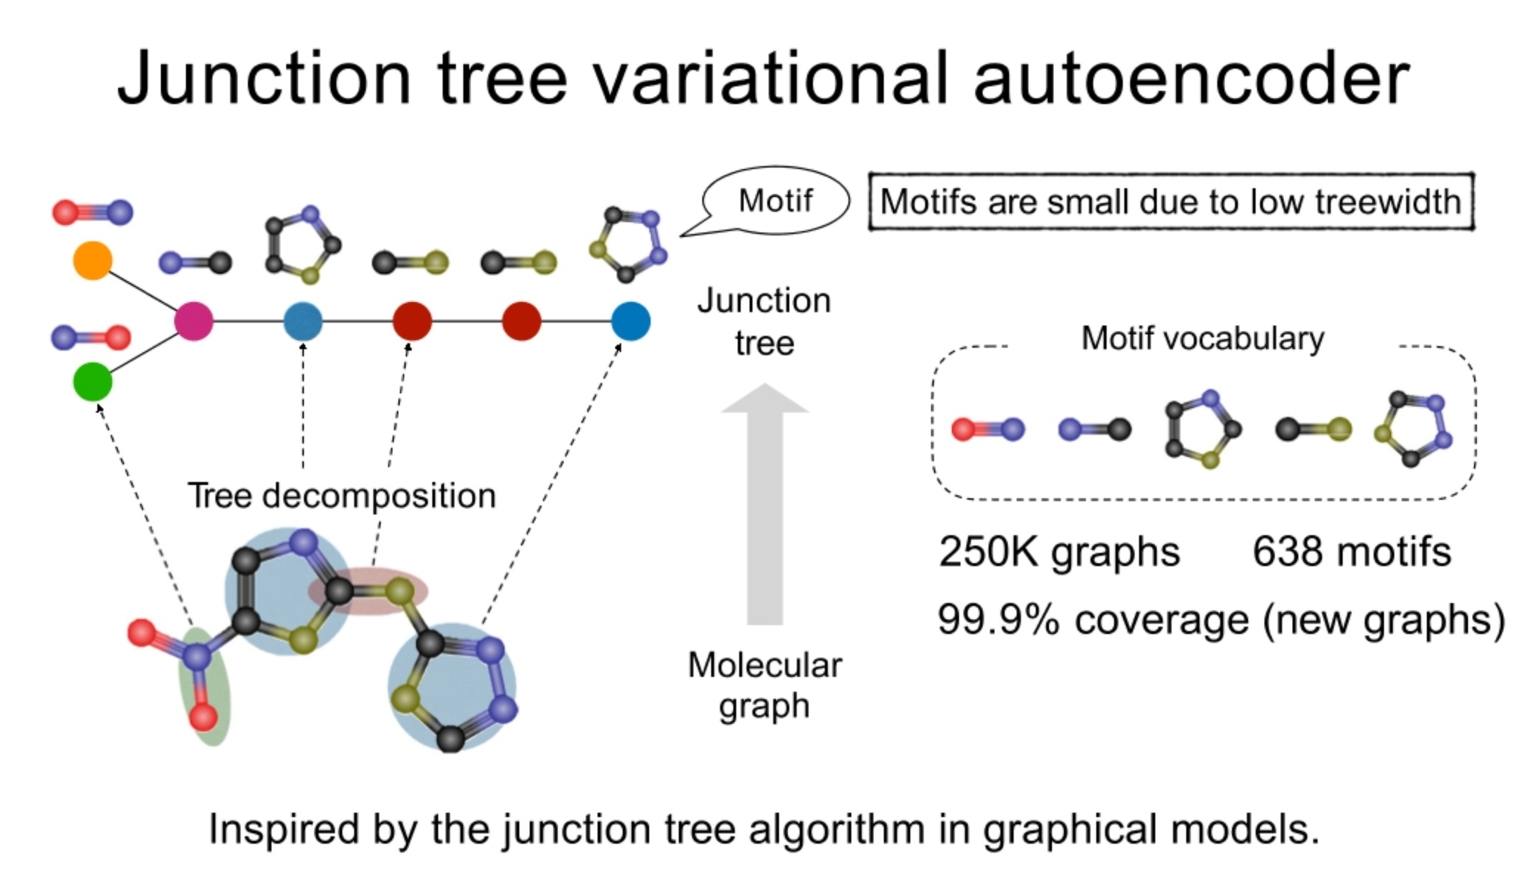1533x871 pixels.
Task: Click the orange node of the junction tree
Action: [92, 260]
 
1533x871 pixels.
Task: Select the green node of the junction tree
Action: [93, 382]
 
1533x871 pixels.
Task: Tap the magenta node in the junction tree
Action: [193, 321]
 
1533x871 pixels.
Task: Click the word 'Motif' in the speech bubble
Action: [775, 201]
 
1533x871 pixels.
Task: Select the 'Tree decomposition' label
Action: [342, 495]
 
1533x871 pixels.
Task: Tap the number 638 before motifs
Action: [1287, 551]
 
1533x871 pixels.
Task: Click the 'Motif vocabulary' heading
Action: [1202, 339]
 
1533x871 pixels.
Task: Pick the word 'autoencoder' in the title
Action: [1191, 78]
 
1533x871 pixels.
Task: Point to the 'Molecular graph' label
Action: [764, 685]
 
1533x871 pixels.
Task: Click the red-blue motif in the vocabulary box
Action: [988, 429]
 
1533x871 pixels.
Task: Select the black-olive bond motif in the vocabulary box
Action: [1313, 429]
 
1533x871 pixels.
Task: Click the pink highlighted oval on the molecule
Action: [367, 591]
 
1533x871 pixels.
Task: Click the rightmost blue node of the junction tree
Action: [631, 321]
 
